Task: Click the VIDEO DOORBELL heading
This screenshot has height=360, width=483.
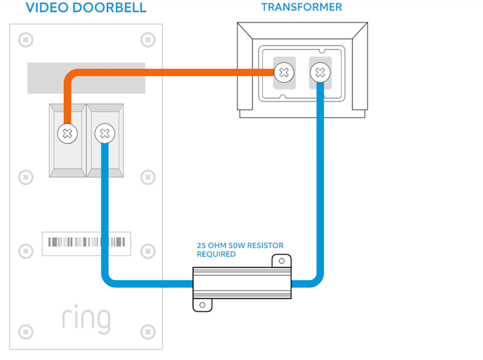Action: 86,8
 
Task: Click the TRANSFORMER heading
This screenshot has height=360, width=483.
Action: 301,7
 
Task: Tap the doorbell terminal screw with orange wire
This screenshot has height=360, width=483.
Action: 68,133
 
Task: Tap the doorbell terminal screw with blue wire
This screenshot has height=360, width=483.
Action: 105,133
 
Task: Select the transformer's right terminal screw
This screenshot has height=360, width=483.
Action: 320,73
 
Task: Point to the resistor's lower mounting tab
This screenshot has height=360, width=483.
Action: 203,304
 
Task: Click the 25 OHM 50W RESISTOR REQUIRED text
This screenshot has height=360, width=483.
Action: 240,250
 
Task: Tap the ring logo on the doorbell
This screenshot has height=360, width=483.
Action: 86,319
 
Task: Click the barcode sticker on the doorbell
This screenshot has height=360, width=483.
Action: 86,243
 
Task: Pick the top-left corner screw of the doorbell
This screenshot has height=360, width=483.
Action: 25,40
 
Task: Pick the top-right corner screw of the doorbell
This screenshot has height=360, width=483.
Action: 147,40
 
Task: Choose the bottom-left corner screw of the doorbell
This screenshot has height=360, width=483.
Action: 25,332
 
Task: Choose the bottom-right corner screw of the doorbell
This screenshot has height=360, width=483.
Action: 147,332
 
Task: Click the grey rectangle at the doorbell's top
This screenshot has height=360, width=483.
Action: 86,78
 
